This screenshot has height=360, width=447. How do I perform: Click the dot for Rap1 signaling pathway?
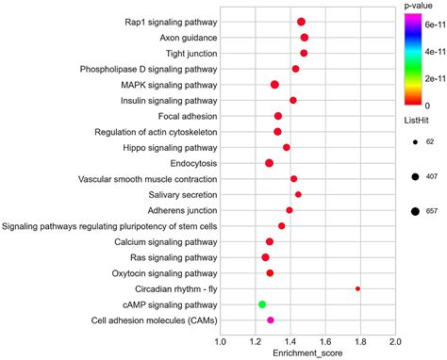pyautogui.click(x=301, y=22)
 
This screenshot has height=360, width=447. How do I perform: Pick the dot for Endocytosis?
pyautogui.click(x=269, y=163)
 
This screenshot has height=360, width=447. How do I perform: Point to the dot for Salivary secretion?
pyautogui.click(x=298, y=194)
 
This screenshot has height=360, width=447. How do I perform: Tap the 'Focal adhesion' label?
pyautogui.click(x=187, y=116)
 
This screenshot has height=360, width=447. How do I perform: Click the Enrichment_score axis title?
pyautogui.click(x=307, y=353)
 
